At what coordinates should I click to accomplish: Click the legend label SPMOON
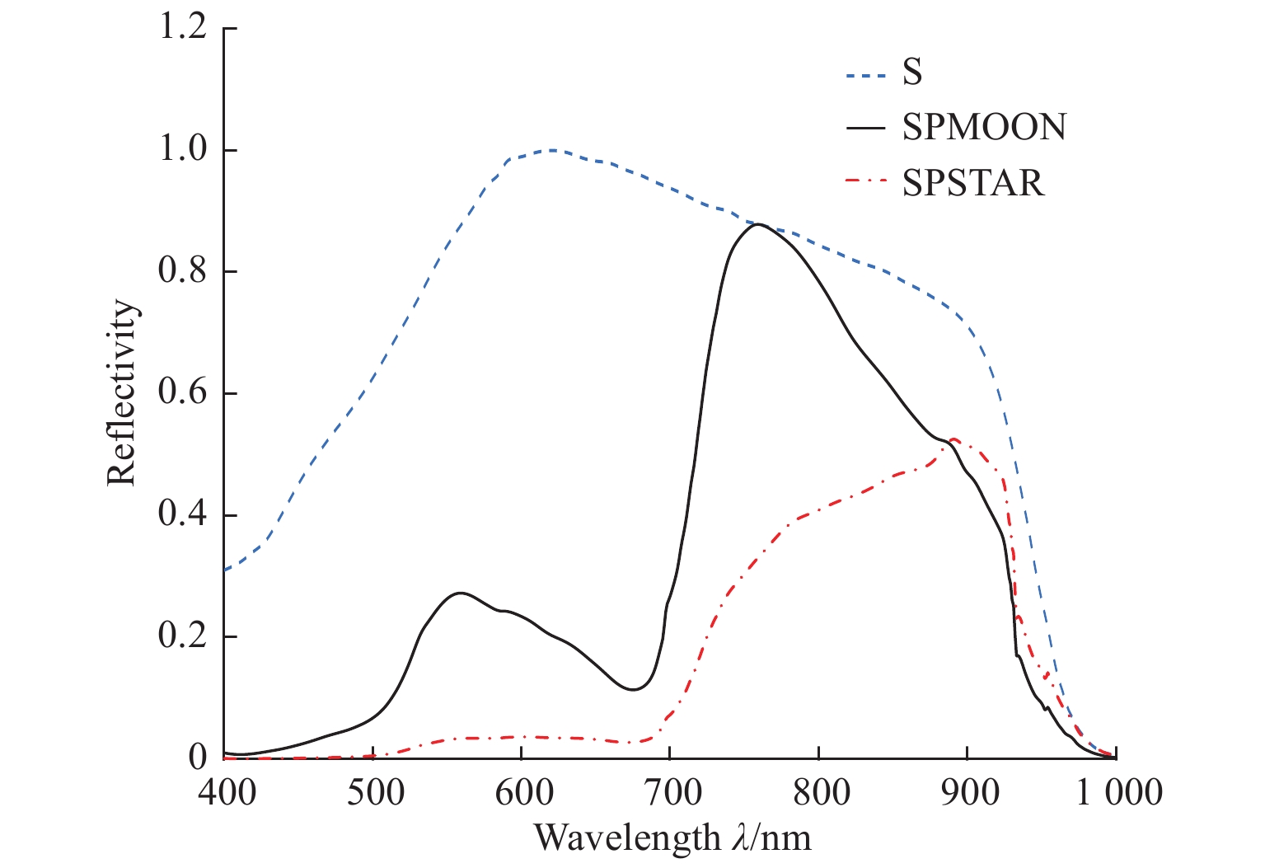pyautogui.click(x=984, y=127)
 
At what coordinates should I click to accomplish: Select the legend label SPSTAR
pyautogui.click(x=973, y=182)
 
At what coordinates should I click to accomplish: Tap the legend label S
pyautogui.click(x=912, y=73)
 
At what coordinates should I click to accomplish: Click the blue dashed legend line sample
pyautogui.click(x=865, y=73)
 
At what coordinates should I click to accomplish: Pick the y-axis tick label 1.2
pyautogui.click(x=183, y=29)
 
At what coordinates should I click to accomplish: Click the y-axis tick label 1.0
pyautogui.click(x=183, y=151)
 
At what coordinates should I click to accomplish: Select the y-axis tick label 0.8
pyautogui.click(x=183, y=272)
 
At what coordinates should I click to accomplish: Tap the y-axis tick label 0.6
pyautogui.click(x=183, y=393)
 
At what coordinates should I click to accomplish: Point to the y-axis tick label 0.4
pyautogui.click(x=183, y=515)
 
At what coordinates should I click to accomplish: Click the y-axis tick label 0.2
pyautogui.click(x=183, y=637)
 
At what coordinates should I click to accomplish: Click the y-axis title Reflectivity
pyautogui.click(x=121, y=393)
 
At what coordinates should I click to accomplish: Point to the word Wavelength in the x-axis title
pyautogui.click(x=626, y=838)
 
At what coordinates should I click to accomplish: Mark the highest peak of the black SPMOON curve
pyautogui.click(x=757, y=224)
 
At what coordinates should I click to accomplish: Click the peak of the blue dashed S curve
pyautogui.click(x=551, y=150)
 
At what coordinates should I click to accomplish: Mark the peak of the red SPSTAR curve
pyautogui.click(x=953, y=439)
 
